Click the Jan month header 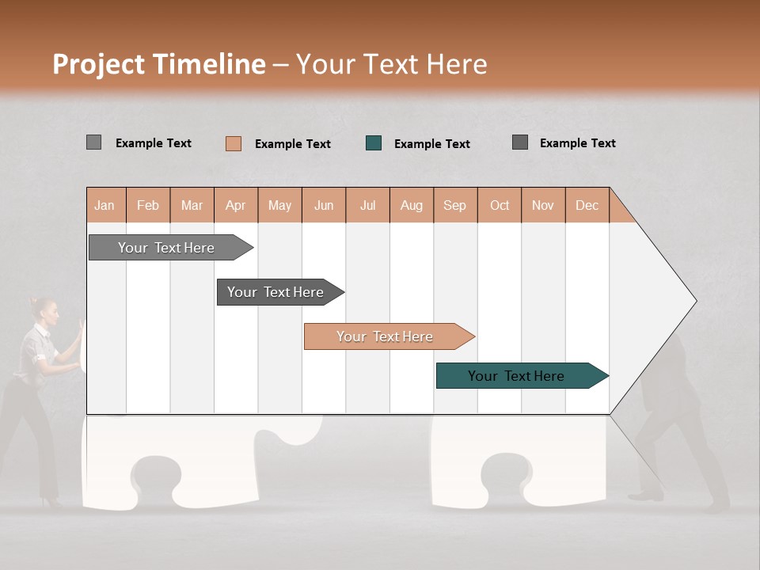click(105, 205)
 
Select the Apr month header click(236, 205)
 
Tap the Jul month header click(367, 205)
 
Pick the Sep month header click(454, 205)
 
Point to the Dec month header click(587, 205)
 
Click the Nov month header click(542, 205)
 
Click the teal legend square click(374, 143)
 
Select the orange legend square click(234, 143)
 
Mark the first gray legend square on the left click(93, 142)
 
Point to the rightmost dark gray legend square click(520, 142)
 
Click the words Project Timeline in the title click(158, 64)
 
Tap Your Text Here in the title click(392, 64)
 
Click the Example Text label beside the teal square click(432, 144)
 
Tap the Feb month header click(148, 205)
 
